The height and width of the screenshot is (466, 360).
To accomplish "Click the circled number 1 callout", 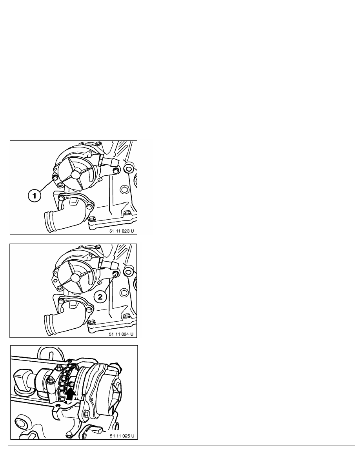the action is point(35,196).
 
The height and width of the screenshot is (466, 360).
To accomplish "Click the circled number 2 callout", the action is point(100,297).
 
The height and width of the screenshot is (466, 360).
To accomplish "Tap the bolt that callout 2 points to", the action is point(116,273).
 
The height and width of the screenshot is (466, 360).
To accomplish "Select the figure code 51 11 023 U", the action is point(122,231).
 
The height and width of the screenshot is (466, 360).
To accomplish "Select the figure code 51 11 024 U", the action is point(121,334).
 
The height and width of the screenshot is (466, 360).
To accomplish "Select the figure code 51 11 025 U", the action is point(122,436).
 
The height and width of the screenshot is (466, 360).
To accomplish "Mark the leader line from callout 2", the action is point(109,283).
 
